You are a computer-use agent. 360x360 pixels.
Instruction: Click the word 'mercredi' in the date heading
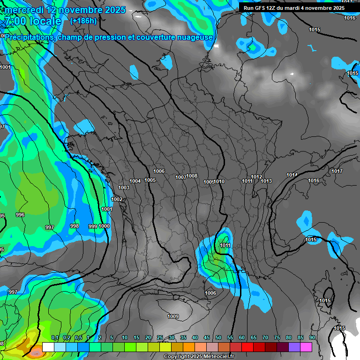pos(25,10)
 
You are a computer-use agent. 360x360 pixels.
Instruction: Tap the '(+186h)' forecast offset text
pos(83,21)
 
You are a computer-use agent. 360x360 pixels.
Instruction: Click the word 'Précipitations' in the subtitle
pos(29,37)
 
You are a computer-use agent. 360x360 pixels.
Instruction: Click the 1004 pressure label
pos(135,181)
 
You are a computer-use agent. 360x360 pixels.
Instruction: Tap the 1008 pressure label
pos(192,176)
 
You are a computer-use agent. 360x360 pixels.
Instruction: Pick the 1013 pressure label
pos(266,181)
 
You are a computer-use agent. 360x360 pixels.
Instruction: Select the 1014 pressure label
pos(292,175)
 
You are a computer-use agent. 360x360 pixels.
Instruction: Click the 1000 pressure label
pos(104,226)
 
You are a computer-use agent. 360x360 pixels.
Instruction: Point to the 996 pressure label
pos(20,215)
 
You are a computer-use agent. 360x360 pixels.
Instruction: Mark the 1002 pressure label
pos(117,199)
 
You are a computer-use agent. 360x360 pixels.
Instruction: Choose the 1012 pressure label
pos(256,177)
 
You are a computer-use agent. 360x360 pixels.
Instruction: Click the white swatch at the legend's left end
pos(48,347)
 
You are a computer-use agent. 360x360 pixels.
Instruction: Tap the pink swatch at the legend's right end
pos(306,347)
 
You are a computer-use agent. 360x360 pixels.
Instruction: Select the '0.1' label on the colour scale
pos(54,338)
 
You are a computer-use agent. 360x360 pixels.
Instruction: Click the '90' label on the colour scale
pos(312,338)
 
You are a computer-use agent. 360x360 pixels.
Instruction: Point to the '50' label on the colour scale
pos(218,338)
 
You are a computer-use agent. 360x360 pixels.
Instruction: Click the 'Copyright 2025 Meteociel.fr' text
pos(199,356)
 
